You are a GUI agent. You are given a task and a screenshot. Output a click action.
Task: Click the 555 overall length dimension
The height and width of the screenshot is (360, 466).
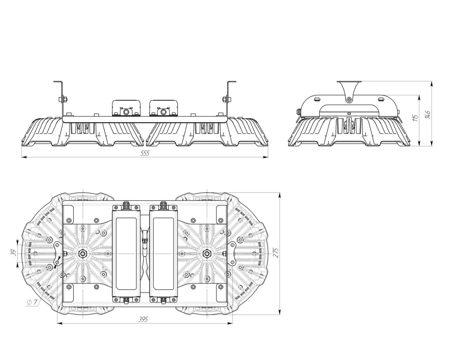144,153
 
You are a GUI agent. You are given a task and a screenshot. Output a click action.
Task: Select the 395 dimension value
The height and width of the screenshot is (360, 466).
144,320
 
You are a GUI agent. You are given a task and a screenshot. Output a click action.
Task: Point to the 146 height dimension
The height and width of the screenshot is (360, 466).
428,114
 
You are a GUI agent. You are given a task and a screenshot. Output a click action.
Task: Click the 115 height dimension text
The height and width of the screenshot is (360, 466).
416,117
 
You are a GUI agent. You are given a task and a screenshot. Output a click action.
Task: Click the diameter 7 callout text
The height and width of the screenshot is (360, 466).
32,303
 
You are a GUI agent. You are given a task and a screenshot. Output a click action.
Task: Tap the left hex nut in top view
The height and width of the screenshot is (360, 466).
82,254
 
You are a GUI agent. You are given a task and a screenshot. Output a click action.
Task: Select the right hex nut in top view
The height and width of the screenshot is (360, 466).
206,254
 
